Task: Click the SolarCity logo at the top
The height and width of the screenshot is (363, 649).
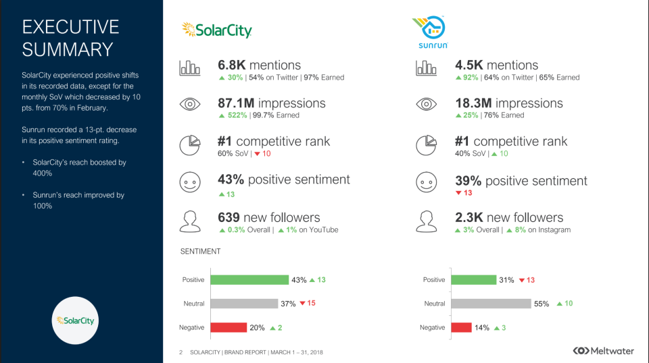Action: (216, 30)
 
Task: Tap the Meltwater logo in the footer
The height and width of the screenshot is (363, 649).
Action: (604, 351)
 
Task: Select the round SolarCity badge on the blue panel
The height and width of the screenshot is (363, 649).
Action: (75, 320)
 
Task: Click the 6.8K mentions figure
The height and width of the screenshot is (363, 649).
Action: (259, 65)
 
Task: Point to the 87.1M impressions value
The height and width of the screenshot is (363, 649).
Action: (271, 103)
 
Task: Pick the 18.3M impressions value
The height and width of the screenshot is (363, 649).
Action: (508, 103)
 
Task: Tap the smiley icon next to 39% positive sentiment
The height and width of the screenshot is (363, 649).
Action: (426, 182)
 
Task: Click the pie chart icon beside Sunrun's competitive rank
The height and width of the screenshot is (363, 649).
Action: (426, 144)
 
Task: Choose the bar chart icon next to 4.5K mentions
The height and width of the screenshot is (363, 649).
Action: (426, 67)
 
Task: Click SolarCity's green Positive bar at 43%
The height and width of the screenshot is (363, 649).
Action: (249, 280)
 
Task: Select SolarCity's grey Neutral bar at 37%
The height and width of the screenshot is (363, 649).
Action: (244, 304)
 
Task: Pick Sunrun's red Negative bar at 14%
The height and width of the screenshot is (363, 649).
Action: (461, 327)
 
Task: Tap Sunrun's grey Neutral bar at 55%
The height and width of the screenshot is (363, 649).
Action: (491, 304)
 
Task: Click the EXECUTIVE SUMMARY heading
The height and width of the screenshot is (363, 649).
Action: (70, 38)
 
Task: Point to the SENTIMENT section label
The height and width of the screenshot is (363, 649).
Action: (200, 252)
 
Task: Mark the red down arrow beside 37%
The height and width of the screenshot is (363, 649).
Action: (302, 304)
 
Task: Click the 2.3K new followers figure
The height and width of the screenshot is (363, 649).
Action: (509, 217)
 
